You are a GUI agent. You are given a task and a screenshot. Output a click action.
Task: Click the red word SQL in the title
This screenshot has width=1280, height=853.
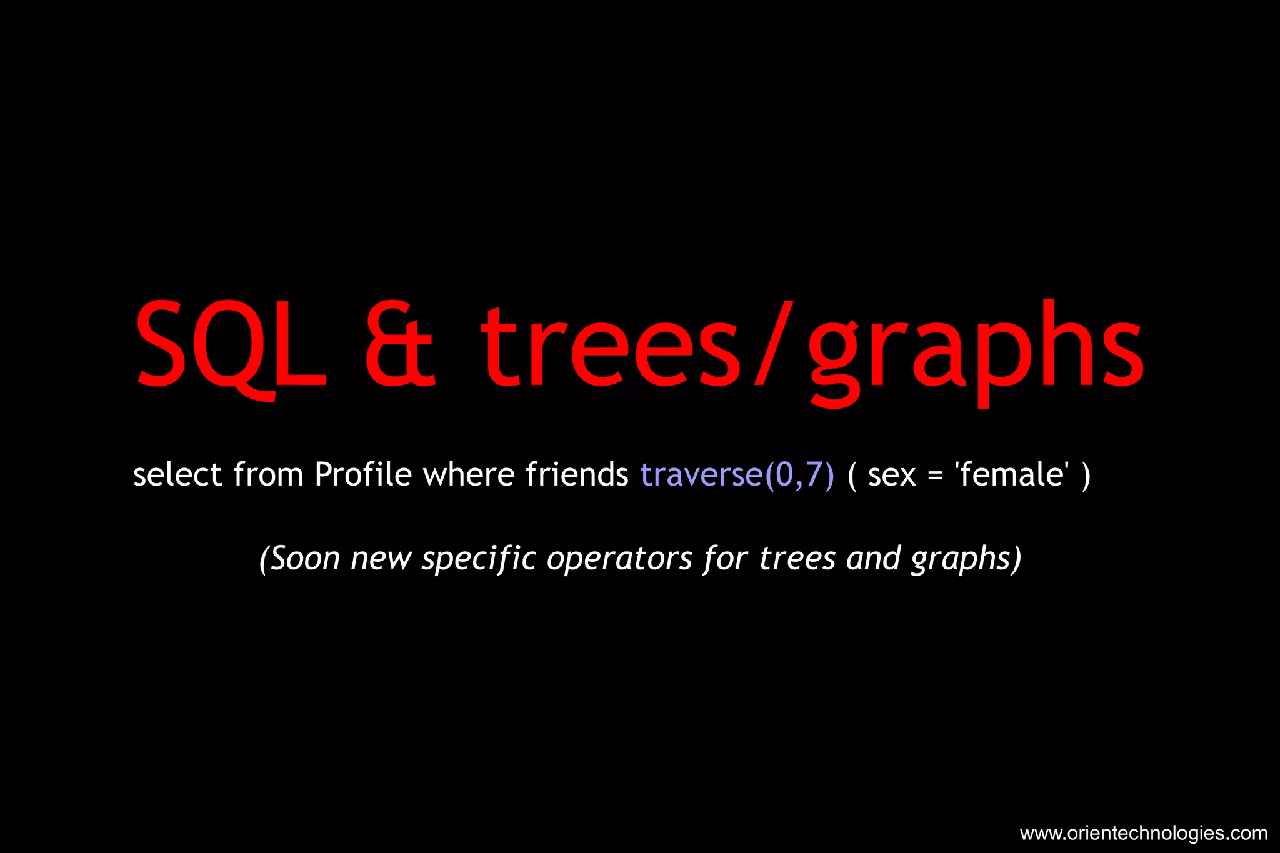tap(230, 346)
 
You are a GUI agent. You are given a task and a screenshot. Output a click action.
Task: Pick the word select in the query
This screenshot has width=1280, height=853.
tap(177, 474)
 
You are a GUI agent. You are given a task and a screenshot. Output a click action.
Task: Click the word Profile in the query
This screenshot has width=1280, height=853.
tap(363, 474)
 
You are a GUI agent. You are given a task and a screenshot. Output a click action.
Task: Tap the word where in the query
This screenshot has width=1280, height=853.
tap(468, 474)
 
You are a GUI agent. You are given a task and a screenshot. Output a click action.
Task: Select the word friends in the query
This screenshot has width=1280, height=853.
tap(577, 474)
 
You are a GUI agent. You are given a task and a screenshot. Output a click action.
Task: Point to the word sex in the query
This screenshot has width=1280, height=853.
tap(892, 476)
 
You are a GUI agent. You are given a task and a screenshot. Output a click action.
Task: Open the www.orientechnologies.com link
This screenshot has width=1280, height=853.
tap(1143, 833)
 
